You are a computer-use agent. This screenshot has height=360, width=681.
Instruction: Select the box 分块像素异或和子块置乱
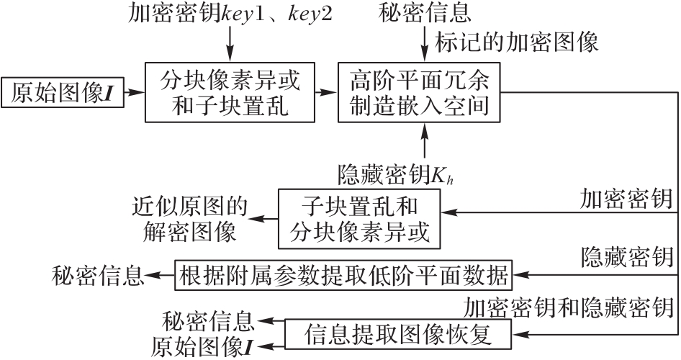pyautogui.click(x=230, y=92)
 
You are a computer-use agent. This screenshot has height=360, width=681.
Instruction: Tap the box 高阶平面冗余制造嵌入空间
pyautogui.click(x=419, y=92)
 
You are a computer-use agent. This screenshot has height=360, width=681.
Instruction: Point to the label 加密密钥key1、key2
pyautogui.click(x=230, y=12)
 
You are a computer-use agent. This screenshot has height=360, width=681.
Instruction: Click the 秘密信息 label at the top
pyautogui.click(x=419, y=12)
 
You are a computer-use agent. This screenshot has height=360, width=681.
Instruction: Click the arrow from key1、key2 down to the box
pyautogui.click(x=230, y=42)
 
